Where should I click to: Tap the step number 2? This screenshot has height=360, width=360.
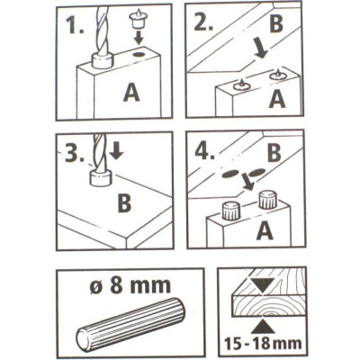tap(203, 22)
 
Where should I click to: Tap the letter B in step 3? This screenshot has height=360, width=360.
tap(124, 202)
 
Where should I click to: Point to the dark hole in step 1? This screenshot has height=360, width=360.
tap(139, 55)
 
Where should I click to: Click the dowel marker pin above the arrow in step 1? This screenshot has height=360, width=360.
tap(138, 19)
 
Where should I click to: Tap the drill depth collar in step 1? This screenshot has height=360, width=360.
tap(102, 60)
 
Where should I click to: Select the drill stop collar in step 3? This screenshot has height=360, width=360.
tap(101, 178)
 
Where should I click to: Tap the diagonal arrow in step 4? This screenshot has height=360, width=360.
tap(247, 183)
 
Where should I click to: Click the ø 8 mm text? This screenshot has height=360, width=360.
tap(130, 285)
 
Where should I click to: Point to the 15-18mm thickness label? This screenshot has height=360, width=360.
tap(263, 343)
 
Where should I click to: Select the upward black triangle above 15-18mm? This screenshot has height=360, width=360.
tap(263, 327)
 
